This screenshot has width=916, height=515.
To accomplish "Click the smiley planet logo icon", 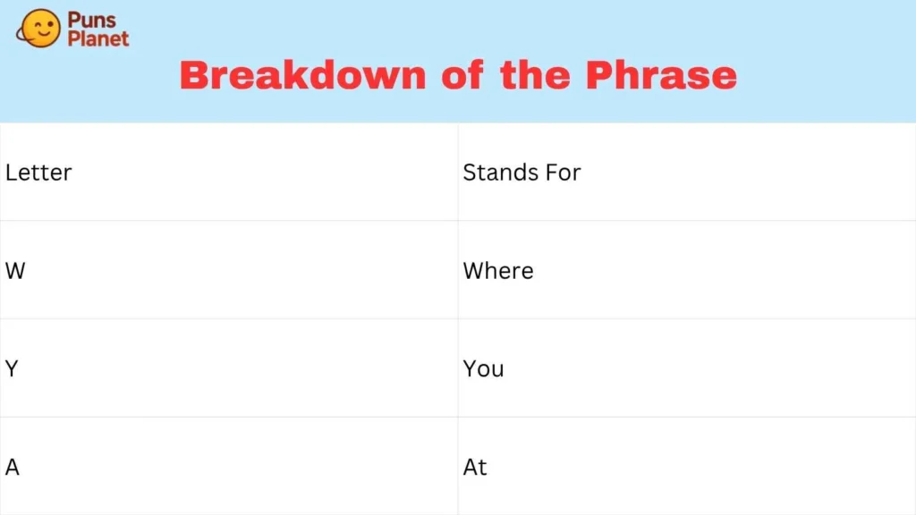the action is [x=38, y=28].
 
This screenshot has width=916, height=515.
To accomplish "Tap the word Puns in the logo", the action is [x=92, y=20].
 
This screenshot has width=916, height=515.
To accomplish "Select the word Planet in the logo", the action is [x=98, y=38].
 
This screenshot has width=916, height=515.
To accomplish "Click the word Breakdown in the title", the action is [x=303, y=75].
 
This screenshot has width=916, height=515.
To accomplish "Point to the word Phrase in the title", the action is [x=661, y=75].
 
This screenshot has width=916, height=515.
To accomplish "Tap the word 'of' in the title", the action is [x=462, y=75].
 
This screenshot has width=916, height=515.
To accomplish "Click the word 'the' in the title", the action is [x=535, y=75].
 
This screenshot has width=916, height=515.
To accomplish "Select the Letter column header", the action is [x=38, y=173].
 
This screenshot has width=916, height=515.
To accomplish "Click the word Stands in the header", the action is [x=501, y=173].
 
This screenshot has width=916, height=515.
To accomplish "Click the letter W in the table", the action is [x=15, y=271].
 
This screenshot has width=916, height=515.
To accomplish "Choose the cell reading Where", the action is [x=498, y=271].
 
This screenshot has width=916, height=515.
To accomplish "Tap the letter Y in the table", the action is [x=12, y=369].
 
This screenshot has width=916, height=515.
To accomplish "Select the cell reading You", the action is [x=484, y=369].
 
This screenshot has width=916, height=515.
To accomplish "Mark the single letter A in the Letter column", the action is [x=13, y=467].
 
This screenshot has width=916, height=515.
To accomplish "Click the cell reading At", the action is [x=475, y=467].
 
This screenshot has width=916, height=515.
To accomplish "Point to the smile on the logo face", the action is [x=43, y=33].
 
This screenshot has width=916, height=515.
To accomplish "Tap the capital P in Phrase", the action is [x=600, y=75].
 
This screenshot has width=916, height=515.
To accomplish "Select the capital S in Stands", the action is [x=470, y=173].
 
